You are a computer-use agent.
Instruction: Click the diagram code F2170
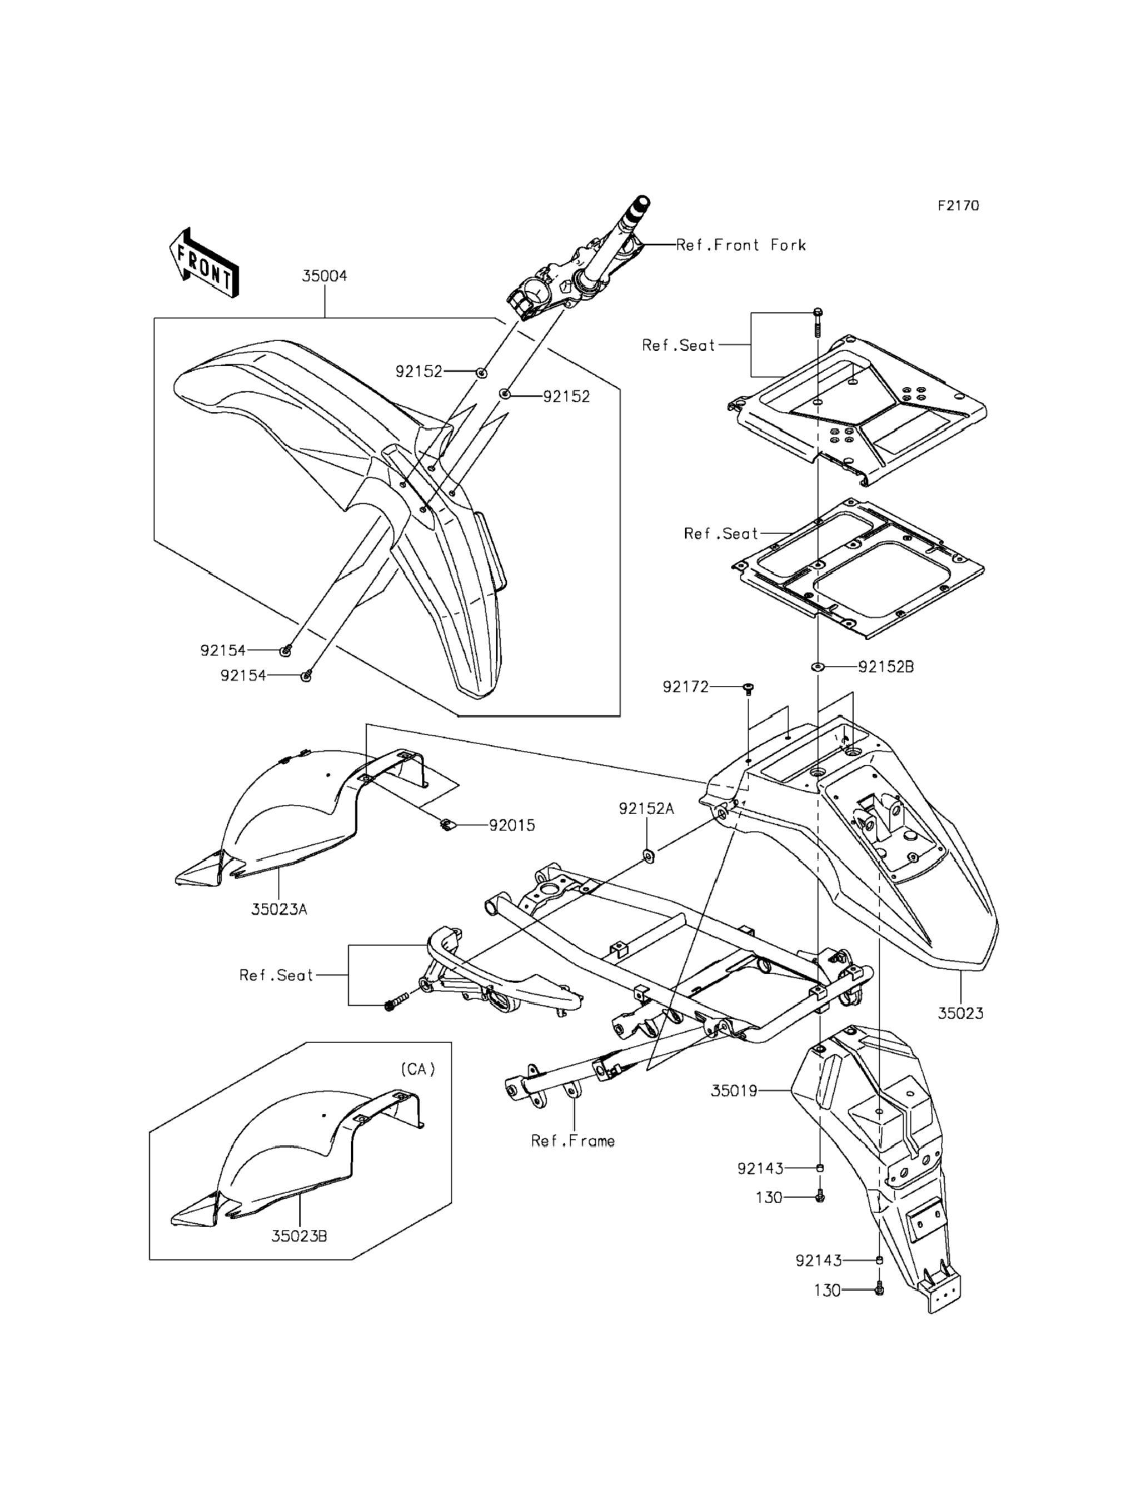coord(958,206)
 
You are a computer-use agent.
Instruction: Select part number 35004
coord(325,276)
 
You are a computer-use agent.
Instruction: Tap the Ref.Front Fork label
coord(741,245)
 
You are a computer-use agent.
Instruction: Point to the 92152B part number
coord(886,666)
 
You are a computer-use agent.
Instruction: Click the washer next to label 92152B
coord(817,666)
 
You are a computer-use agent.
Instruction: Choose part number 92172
coord(686,687)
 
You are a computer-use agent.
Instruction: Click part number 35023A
coord(279,909)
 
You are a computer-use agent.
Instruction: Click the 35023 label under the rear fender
coord(960,1032)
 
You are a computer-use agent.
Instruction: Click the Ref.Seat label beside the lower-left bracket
coord(276,975)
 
